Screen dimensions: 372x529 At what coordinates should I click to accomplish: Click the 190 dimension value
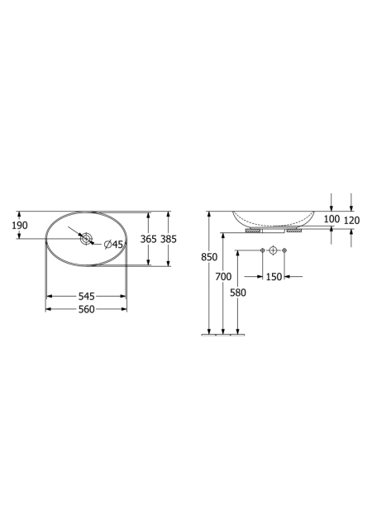click(20, 226)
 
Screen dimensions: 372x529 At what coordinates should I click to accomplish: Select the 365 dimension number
click(149, 239)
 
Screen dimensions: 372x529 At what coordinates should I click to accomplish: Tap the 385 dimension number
click(169, 239)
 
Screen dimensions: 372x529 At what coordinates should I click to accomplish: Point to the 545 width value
click(87, 296)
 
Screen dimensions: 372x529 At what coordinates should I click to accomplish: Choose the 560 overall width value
click(87, 309)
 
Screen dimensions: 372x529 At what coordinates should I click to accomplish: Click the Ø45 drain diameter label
click(113, 244)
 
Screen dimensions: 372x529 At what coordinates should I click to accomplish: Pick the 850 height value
click(209, 257)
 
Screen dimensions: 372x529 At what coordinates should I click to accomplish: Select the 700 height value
click(223, 277)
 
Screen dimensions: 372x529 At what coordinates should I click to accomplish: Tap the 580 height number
click(238, 293)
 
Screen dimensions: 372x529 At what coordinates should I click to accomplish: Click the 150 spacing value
click(274, 277)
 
